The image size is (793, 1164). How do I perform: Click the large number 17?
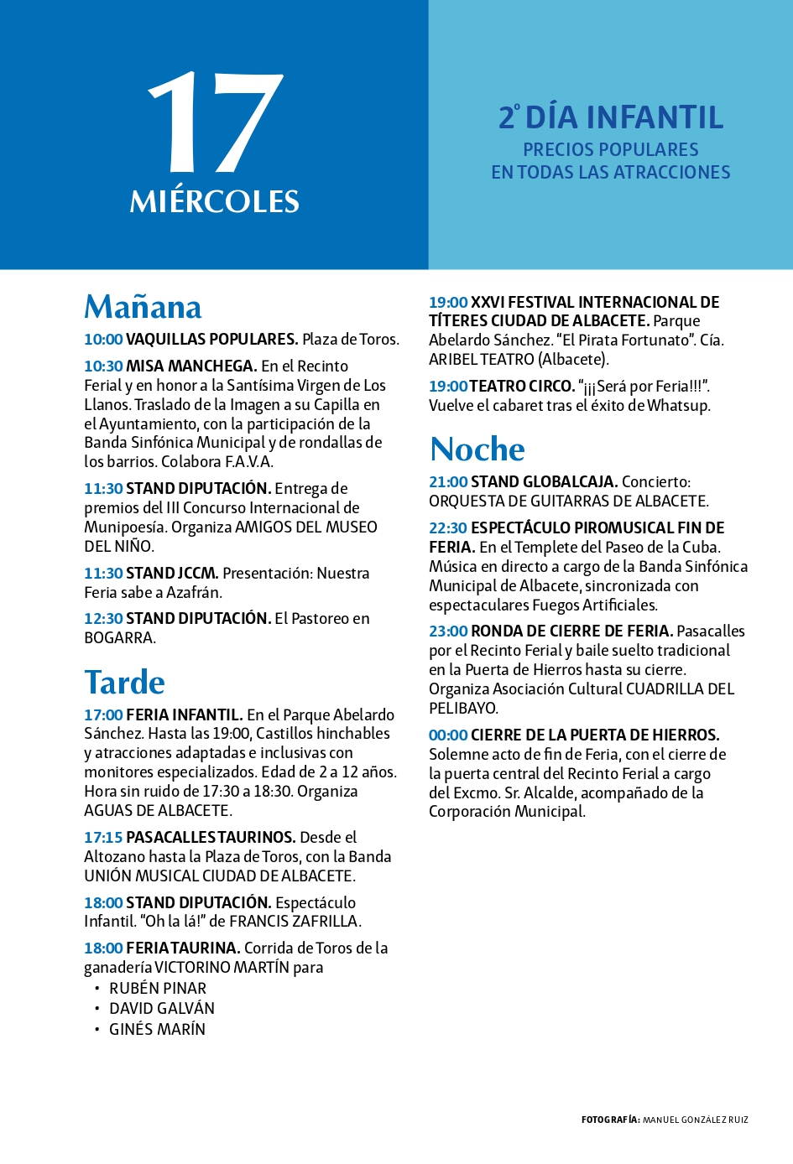coord(216,122)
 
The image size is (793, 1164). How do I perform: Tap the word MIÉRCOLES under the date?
coord(215,202)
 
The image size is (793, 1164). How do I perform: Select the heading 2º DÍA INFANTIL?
coord(611,117)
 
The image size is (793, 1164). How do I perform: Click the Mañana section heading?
coord(143,307)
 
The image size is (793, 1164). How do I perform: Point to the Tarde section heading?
coord(124,682)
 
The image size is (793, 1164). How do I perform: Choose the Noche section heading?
coord(477,449)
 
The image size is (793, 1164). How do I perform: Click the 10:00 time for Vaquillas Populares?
coord(103,340)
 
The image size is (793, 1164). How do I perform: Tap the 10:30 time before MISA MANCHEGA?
coord(103,366)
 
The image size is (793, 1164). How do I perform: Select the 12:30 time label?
coord(103,619)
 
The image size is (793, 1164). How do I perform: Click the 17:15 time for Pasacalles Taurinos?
coord(103,838)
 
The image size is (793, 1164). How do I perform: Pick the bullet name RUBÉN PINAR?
coord(158,989)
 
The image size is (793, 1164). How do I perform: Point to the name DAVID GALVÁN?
coord(162,1009)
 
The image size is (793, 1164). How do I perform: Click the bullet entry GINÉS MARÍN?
coord(157,1030)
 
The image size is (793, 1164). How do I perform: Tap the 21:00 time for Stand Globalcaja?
coord(448,482)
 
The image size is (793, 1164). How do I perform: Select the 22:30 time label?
coord(448,528)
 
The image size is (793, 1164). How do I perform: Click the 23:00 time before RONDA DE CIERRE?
coord(448,631)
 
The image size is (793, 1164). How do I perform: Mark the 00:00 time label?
coord(448,735)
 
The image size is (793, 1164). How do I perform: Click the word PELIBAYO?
coord(463,709)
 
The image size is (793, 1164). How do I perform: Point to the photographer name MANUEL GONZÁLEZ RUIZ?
coord(696,1120)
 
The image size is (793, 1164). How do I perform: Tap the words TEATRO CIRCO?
coord(521,387)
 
